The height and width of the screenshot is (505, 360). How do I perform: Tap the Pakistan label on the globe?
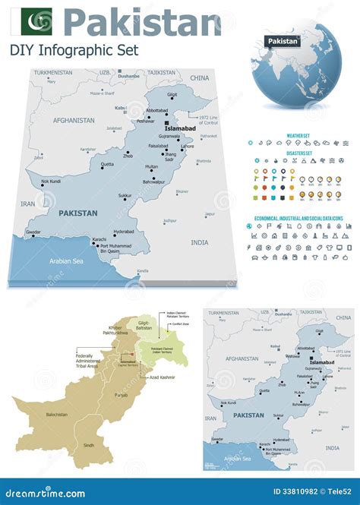[x=283, y=40]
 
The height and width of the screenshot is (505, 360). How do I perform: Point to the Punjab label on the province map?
[x=121, y=395]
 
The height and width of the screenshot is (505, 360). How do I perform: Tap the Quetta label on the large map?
[x=108, y=164]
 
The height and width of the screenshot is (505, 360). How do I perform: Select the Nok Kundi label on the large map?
[x=52, y=181]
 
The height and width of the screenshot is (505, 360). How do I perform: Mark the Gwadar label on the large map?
[x=33, y=232]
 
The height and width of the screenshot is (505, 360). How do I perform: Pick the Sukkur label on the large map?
[x=125, y=195]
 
